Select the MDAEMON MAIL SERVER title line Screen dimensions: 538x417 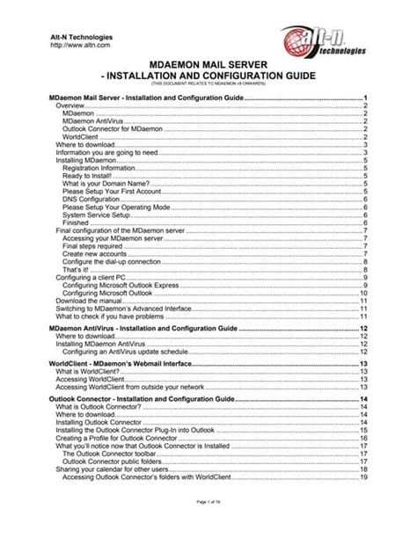click(208, 64)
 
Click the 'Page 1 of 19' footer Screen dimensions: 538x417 click(208, 524)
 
